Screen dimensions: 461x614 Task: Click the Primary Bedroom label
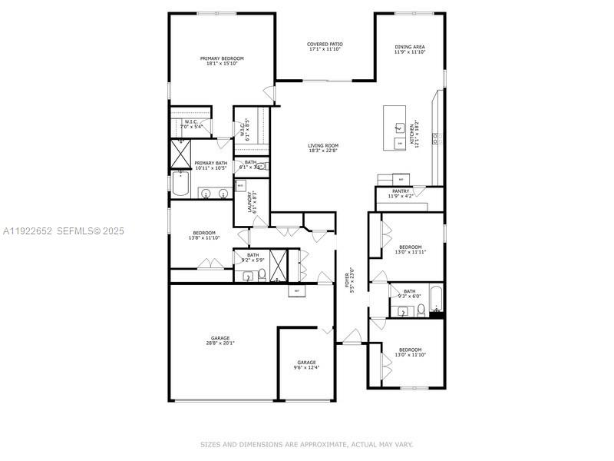point(222,61)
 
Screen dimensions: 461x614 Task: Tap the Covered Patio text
point(325,47)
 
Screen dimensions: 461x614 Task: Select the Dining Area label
point(410,49)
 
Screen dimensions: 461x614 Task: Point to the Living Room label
point(323,148)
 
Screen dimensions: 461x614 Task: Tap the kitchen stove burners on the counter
point(435,138)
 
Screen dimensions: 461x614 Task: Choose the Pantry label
point(400,194)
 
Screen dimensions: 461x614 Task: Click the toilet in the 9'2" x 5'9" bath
point(262,274)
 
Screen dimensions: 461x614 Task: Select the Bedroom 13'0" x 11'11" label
point(410,250)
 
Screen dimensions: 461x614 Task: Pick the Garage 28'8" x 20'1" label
point(220,340)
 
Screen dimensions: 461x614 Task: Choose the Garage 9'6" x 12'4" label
point(306,365)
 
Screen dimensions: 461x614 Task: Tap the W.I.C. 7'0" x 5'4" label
point(191,124)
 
